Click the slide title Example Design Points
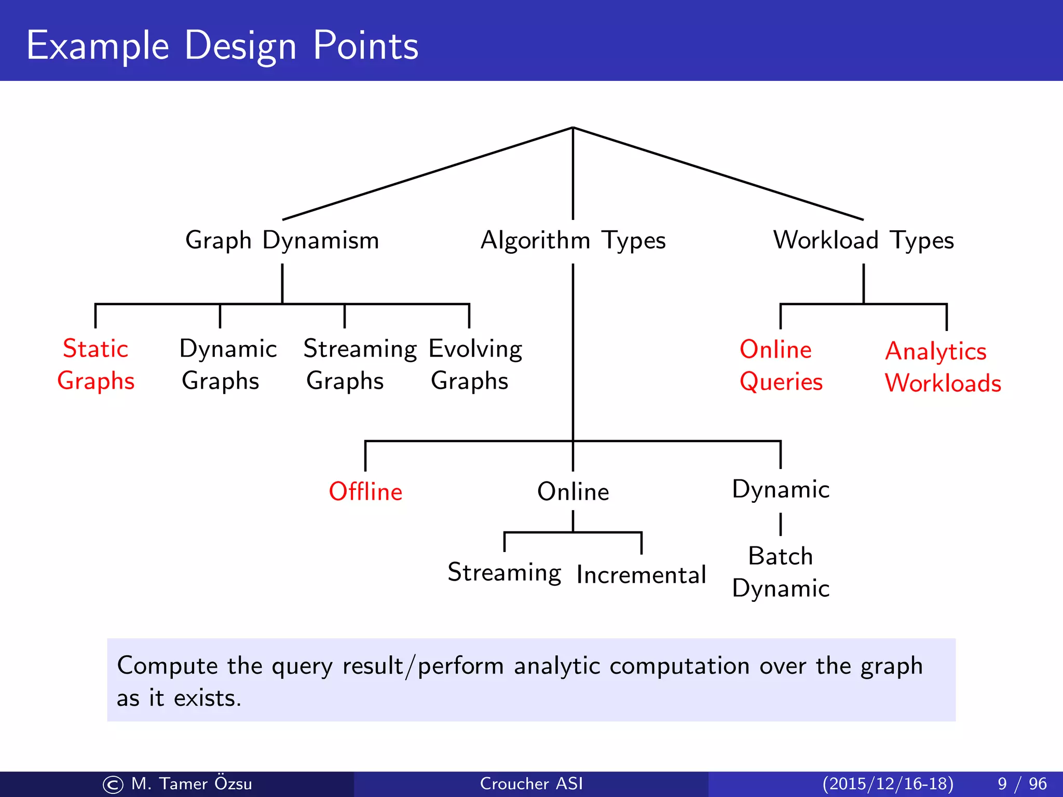(222, 46)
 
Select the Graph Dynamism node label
(282, 240)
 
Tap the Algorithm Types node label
(573, 240)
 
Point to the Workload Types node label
(863, 240)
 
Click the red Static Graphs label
(96, 364)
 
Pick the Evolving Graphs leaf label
(475, 364)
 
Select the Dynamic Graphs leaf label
(227, 364)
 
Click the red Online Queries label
(780, 365)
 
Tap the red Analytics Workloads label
(942, 367)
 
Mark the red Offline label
(365, 491)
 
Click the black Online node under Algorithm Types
(573, 491)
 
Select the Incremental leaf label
(641, 575)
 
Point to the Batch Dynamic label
(780, 572)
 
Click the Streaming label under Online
(504, 573)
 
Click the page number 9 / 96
(1021, 784)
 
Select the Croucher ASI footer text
(531, 784)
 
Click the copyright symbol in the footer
(113, 785)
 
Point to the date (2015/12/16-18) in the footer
(888, 784)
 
